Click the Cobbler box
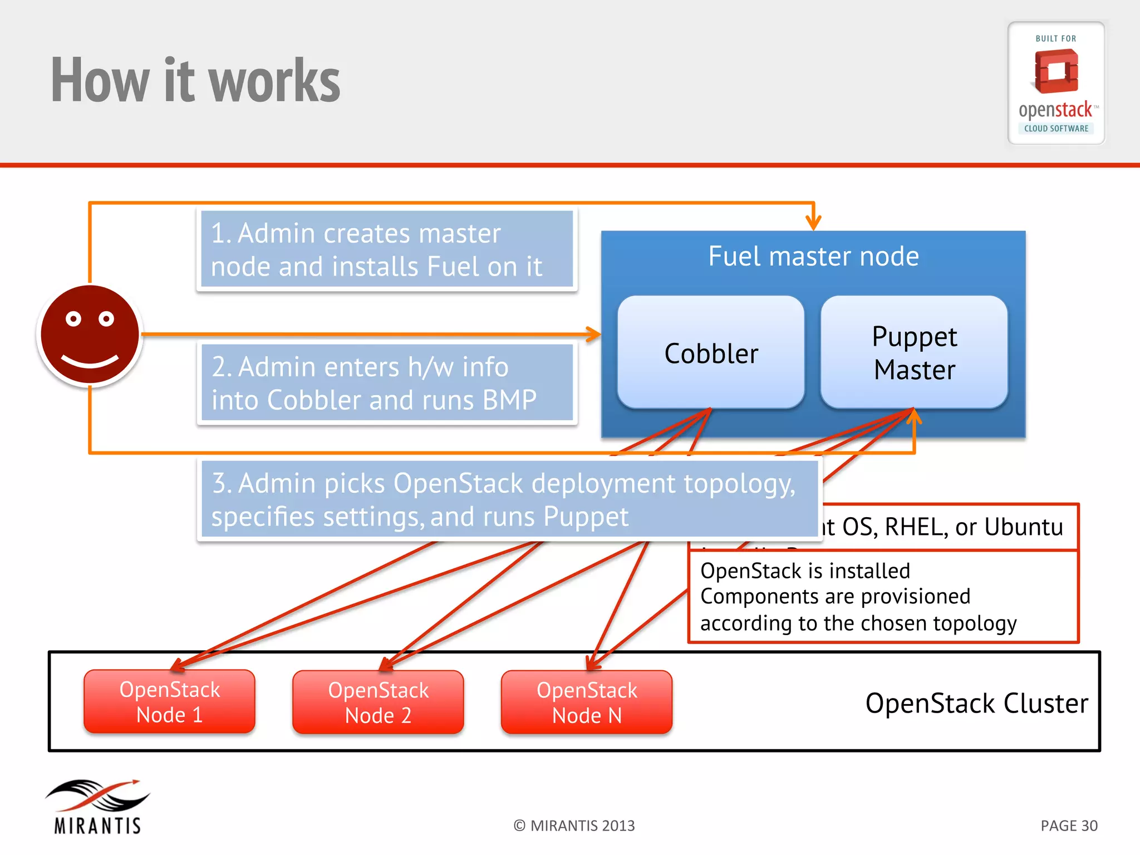pos(711,353)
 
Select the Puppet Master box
pos(914,353)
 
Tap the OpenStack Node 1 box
pos(169,702)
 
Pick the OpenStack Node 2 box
pos(378,702)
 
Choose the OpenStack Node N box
pos(587,702)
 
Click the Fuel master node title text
pos(813,257)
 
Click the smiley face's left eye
pos(73,319)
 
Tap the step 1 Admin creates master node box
pos(387,249)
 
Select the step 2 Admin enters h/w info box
pos(387,383)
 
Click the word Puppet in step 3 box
pos(586,517)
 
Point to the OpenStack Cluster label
pos(976,703)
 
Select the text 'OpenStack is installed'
pos(805,571)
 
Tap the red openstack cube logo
pos(1055,71)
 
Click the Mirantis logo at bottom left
pos(98,806)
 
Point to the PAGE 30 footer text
pos(1069,825)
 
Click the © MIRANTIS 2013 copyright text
pos(574,825)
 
